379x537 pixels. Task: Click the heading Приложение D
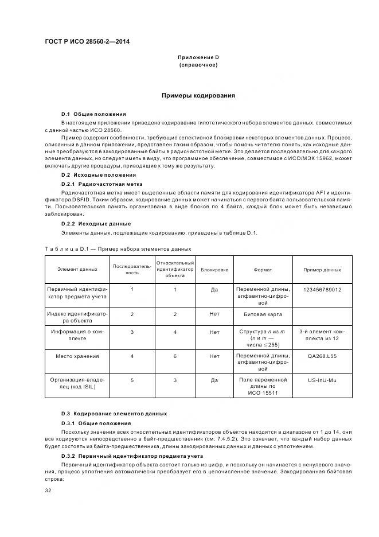pos(198,57)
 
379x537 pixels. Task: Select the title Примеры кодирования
pos(198,95)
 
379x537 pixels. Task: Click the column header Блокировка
pos(214,269)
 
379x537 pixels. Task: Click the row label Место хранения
pos(77,356)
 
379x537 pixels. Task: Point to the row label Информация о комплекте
pos(77,335)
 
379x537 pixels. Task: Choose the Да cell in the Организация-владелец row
pos(214,380)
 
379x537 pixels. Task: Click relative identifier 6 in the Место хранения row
pos(175,356)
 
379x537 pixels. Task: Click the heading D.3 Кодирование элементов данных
pos(114,413)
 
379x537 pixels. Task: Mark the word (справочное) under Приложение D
pos(198,65)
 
